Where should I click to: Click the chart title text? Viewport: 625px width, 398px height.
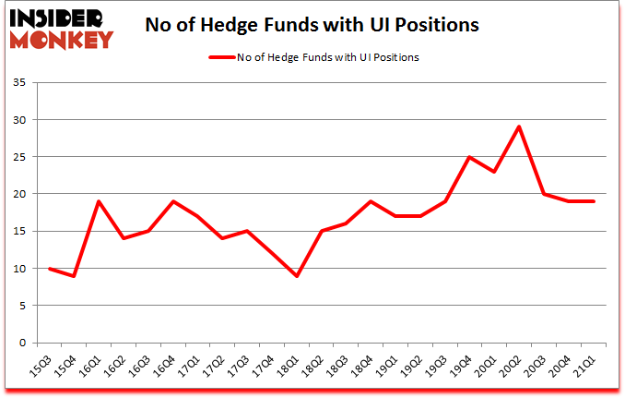312,26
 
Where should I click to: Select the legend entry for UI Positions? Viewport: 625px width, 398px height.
313,57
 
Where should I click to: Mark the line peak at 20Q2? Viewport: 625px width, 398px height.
520,127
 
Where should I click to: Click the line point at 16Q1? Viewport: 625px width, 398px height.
99,201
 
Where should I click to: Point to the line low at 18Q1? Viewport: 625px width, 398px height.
297,275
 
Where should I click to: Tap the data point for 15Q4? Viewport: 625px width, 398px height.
74,275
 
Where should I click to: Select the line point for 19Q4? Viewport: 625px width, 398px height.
470,157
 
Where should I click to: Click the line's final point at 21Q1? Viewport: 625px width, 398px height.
595,201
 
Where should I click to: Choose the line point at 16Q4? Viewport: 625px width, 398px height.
173,201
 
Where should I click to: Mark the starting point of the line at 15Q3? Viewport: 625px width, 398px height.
49,268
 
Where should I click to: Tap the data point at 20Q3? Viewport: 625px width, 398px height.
545,194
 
